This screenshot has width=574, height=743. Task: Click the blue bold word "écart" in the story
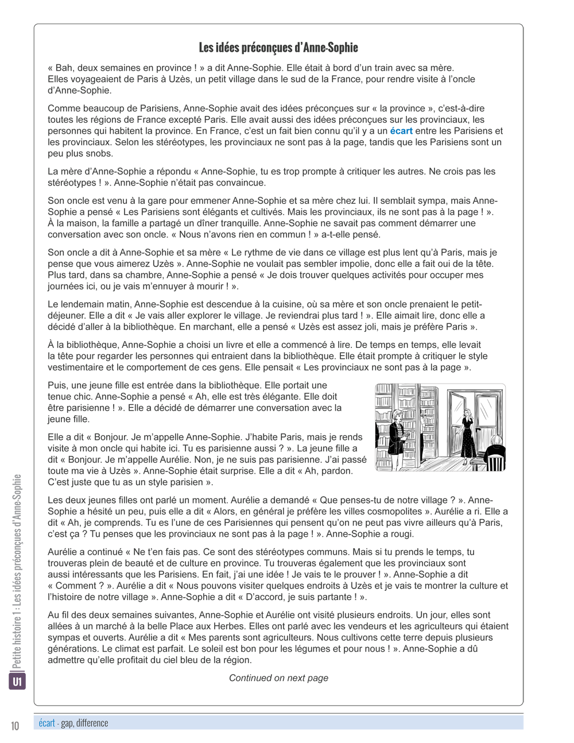[401, 131]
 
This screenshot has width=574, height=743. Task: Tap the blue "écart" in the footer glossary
[46, 723]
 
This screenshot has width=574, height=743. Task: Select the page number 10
[15, 726]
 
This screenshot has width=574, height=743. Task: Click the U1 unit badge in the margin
[17, 682]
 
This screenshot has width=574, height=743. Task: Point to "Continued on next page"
[278, 678]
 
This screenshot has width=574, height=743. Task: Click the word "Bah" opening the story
[65, 68]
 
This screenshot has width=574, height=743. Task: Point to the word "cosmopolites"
[394, 512]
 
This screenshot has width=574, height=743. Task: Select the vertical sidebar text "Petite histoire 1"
[17, 643]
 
